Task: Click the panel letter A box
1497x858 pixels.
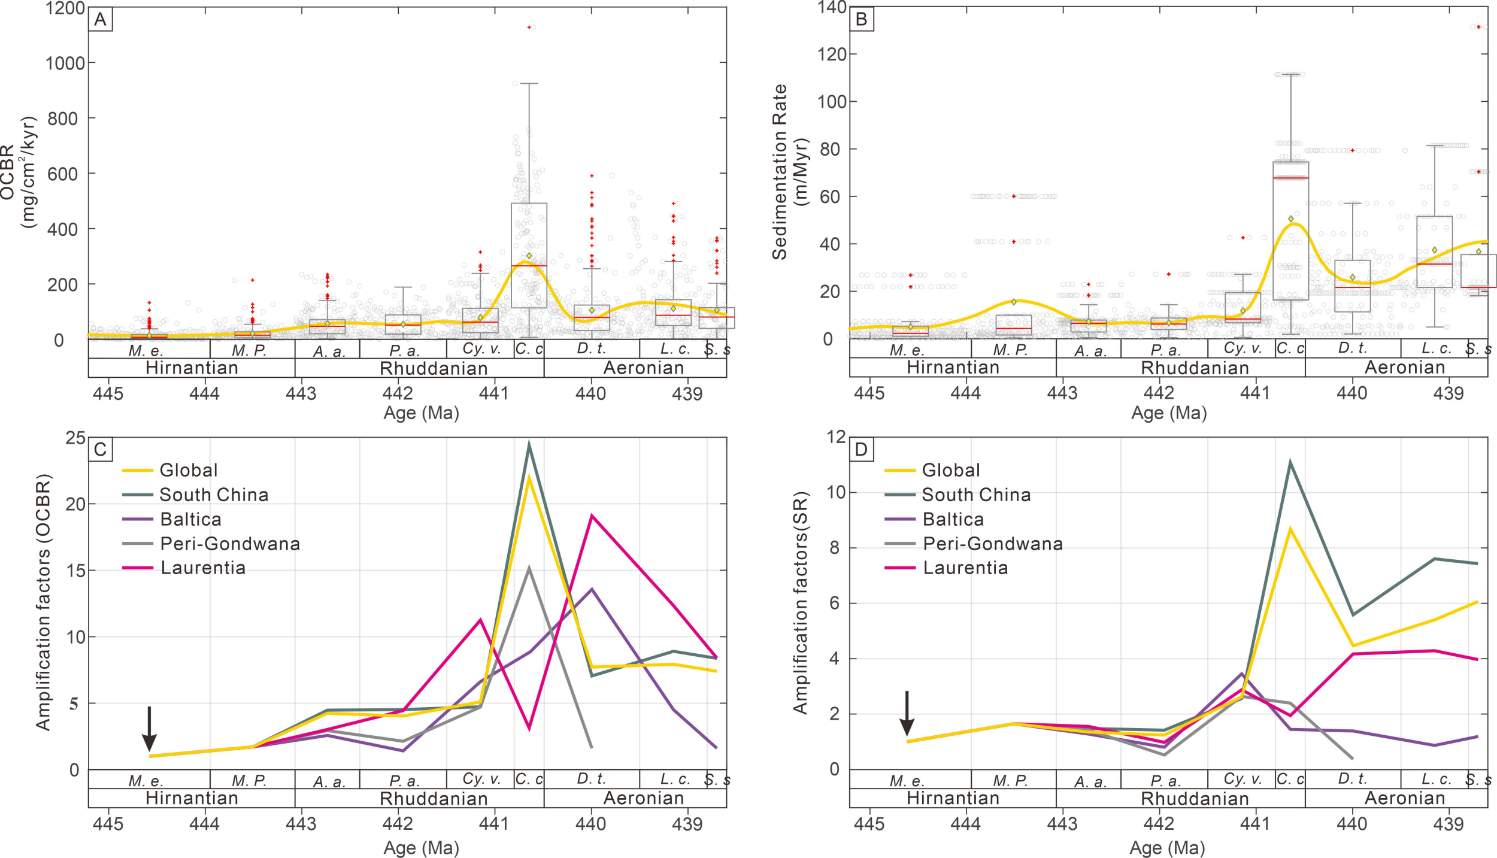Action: (100, 20)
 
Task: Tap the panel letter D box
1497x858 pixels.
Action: (861, 450)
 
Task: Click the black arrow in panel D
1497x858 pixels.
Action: (907, 713)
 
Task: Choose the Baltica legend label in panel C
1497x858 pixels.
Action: (190, 520)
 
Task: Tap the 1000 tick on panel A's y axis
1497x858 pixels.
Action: (65, 63)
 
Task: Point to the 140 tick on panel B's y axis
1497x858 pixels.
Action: (832, 8)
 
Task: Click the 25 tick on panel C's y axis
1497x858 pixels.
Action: (75, 438)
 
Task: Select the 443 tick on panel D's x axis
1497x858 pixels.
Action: (1062, 824)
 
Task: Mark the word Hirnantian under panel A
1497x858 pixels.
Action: (192, 368)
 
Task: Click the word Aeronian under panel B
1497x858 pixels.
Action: (1405, 367)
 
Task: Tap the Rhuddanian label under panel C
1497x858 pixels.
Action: (434, 799)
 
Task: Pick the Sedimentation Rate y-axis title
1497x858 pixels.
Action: (780, 172)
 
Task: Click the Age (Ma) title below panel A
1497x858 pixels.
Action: (421, 413)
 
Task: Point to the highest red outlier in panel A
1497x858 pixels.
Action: (529, 28)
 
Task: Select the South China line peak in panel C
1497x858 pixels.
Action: (529, 444)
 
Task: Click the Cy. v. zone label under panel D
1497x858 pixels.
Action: (1243, 779)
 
